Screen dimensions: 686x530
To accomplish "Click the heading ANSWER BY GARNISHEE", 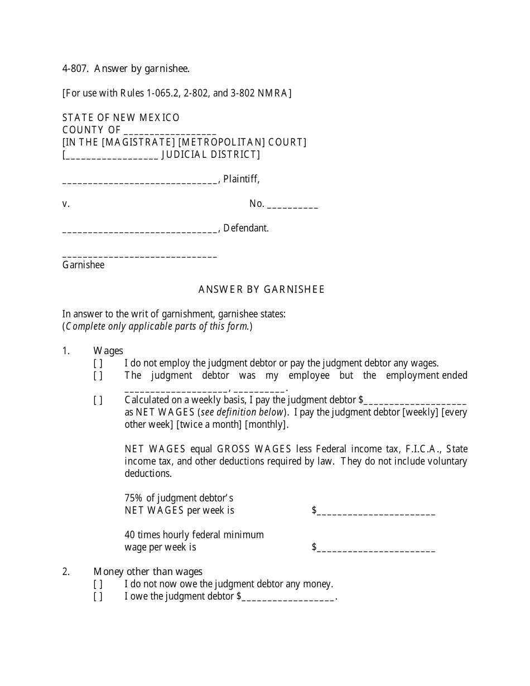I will [261, 289].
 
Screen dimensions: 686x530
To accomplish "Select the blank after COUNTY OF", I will [170, 131].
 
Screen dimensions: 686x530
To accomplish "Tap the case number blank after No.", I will [292, 205].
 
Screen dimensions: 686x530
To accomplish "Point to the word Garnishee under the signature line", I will [83, 265].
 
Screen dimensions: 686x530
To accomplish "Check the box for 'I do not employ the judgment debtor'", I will [98, 363].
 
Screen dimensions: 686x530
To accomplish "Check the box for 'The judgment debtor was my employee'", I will [98, 375].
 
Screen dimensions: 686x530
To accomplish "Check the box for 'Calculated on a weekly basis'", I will [98, 400].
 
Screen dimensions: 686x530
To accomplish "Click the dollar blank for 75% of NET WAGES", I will [375, 511].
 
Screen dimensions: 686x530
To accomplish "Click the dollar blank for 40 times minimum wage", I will [375, 548].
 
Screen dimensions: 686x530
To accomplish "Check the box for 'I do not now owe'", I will [98, 584].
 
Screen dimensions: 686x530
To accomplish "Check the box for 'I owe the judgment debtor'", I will [98, 596].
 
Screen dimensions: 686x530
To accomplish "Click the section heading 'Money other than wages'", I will [148, 572].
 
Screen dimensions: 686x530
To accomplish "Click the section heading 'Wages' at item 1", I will [108, 351].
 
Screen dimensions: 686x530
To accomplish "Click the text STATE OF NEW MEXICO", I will [121, 118].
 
